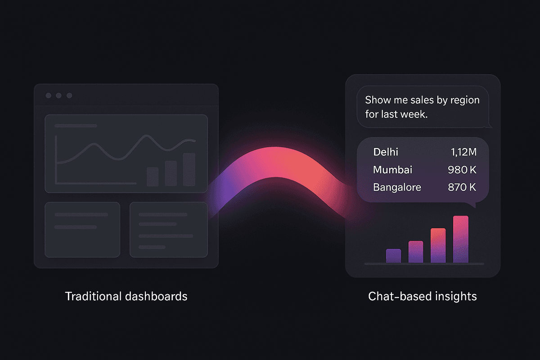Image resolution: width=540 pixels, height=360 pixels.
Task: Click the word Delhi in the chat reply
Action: [386, 152]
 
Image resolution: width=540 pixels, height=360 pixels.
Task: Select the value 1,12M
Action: [463, 152]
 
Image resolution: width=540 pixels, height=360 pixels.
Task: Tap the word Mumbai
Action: [392, 170]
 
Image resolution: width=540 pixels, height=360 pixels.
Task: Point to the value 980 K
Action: [462, 170]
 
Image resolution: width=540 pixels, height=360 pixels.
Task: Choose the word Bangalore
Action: [397, 187]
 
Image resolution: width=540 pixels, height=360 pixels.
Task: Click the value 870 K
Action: [462, 187]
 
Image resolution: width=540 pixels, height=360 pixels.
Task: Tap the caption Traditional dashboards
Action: [126, 297]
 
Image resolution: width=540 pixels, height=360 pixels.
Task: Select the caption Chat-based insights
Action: [423, 297]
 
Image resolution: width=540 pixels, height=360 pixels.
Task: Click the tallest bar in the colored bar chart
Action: [461, 239]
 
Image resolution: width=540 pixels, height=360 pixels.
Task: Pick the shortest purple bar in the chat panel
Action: [393, 256]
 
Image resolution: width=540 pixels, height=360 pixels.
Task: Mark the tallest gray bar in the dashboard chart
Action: [189, 169]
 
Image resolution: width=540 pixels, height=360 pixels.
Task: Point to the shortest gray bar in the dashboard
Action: [153, 176]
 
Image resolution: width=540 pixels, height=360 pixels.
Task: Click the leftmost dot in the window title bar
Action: [48, 95]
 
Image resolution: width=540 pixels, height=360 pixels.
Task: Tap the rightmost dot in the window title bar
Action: [69, 95]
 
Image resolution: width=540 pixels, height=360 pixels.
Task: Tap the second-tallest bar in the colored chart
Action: [438, 245]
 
